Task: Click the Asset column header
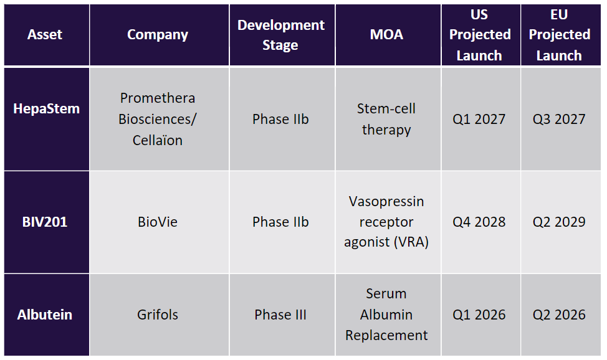(44, 35)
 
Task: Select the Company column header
(158, 35)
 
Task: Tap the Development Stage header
(280, 35)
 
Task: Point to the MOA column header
(386, 35)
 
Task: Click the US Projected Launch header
(480, 35)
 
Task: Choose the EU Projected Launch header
(560, 35)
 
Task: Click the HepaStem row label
(47, 109)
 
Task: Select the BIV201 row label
(44, 222)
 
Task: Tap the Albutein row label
(44, 315)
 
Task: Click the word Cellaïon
(158, 140)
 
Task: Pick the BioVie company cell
(158, 222)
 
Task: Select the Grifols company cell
(158, 315)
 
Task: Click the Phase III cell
(280, 315)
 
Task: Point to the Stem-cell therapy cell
(386, 119)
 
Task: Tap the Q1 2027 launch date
(479, 119)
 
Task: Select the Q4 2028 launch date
(479, 222)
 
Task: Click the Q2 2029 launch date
(559, 222)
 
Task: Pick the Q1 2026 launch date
(479, 315)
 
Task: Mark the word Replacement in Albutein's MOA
(386, 335)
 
